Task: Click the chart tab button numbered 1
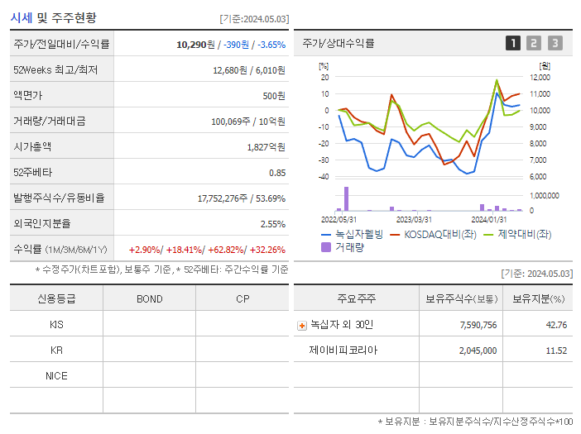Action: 513,43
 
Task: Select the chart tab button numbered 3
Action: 555,43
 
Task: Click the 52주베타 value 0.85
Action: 277,173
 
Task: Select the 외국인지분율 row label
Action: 42,223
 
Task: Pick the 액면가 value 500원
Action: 274,95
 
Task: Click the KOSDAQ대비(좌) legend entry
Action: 441,234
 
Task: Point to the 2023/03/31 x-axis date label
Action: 414,219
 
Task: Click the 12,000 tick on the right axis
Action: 540,77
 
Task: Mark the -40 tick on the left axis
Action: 324,177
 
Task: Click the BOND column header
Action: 149,298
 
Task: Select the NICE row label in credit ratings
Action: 56,375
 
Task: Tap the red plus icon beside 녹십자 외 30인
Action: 301,325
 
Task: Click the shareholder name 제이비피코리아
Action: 343,351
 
